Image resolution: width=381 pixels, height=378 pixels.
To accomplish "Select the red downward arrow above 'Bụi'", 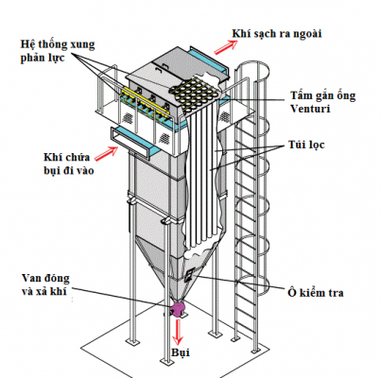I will (x=177, y=331).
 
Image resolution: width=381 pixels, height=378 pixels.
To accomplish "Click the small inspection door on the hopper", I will (x=190, y=274).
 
